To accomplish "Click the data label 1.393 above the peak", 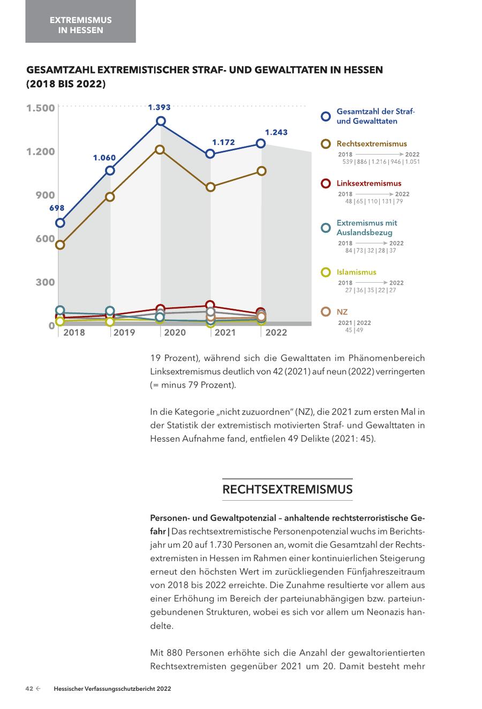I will [159, 108].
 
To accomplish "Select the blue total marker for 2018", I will [61, 223].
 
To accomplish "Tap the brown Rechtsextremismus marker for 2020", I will [160, 149].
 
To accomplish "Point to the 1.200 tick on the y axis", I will [41, 152].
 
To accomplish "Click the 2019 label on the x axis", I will [124, 333].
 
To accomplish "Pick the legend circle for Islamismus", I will [326, 273].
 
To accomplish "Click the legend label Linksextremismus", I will [368, 183].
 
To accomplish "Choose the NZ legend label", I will [342, 312].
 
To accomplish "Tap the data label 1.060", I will [104, 158].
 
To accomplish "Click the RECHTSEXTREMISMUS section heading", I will [287, 489].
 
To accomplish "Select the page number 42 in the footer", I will [29, 689].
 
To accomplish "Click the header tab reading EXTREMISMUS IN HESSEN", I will [80, 25].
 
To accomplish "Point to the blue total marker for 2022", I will [261, 144].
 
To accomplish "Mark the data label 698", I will [57, 208].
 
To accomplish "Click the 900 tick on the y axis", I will [45, 195].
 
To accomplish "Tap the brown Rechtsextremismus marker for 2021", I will [210, 187].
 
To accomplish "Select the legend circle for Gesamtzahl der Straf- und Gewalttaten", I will [326, 117].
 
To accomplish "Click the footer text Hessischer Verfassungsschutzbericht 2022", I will [112, 689].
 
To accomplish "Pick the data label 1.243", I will [276, 132].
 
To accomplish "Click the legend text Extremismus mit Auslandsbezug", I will [366, 228].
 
